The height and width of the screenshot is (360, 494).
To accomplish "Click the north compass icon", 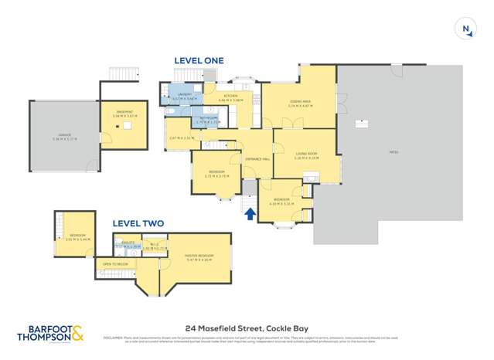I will click(x=466, y=29).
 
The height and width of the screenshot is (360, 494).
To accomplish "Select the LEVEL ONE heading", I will click(x=199, y=60).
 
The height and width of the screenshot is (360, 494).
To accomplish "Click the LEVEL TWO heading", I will click(x=138, y=223).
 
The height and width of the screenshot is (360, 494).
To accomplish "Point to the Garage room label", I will click(x=64, y=137).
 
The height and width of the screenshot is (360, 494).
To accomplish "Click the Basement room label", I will click(x=124, y=113).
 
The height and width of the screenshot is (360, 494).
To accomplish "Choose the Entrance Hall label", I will click(x=257, y=159).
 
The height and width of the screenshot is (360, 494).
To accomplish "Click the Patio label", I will click(x=393, y=153).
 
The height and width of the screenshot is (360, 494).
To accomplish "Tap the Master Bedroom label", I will click(x=199, y=257).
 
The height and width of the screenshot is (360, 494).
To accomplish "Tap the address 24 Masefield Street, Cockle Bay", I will click(x=247, y=328).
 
